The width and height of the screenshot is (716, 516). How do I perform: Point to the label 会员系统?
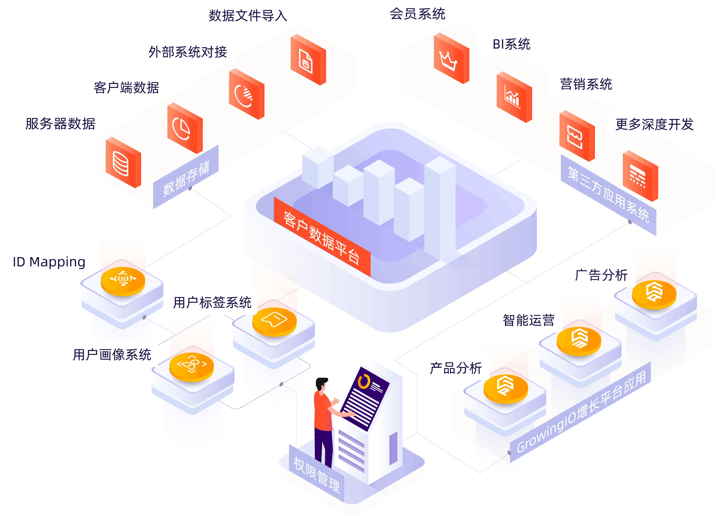click(x=417, y=14)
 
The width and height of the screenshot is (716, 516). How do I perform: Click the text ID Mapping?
click(x=49, y=262)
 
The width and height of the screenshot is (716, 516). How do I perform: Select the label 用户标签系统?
click(x=212, y=302)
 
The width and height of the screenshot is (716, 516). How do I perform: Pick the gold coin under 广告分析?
click(x=653, y=293)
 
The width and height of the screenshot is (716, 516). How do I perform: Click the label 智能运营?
click(x=528, y=320)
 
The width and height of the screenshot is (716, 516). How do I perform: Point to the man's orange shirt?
click(x=322, y=410)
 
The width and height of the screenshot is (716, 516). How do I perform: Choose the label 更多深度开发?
click(x=654, y=124)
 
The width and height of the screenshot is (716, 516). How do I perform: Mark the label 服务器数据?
click(x=60, y=123)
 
